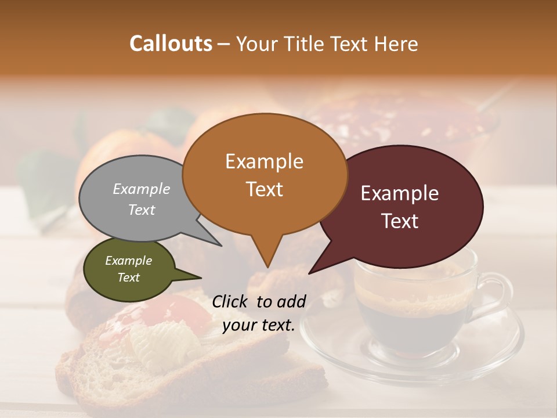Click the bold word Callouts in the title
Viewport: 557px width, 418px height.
click(x=171, y=44)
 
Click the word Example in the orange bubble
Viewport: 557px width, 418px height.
click(x=264, y=161)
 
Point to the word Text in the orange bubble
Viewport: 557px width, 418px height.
click(x=264, y=189)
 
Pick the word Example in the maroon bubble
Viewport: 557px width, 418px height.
click(x=400, y=193)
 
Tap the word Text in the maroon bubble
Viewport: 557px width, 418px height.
click(x=400, y=221)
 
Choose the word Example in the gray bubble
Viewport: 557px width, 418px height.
click(x=142, y=189)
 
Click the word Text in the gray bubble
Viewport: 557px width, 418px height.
click(x=142, y=210)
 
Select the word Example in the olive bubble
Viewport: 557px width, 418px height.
click(x=128, y=261)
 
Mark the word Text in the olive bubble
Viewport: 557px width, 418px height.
click(x=128, y=278)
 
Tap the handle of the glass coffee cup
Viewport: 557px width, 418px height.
click(x=497, y=290)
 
